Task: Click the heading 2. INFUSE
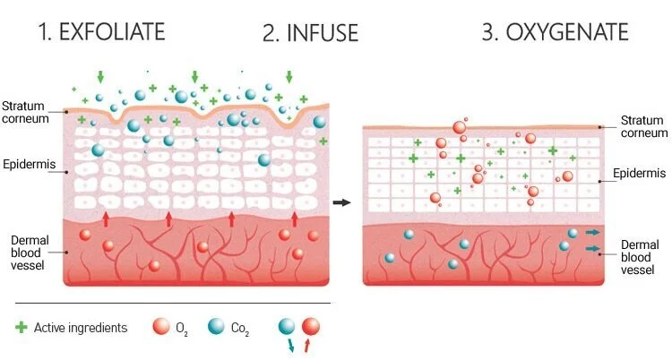pos(310,34)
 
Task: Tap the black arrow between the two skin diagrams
pos(341,202)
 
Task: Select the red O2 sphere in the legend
pos(161,327)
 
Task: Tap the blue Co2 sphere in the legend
pos(216,327)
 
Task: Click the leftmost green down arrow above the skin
pos(99,77)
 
